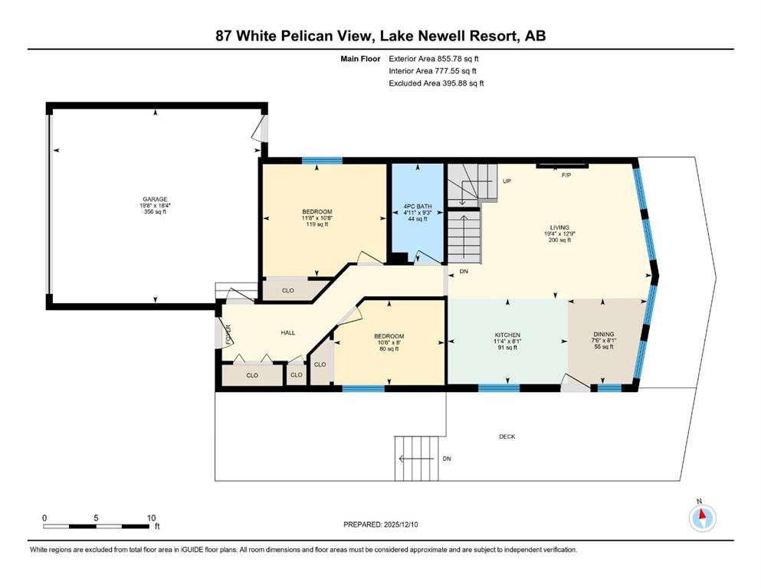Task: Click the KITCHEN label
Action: pos(507,335)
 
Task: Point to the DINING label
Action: pos(604,335)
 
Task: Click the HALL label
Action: pos(287,332)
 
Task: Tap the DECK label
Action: pos(507,436)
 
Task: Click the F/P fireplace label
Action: pos(566,175)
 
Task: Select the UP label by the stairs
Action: pos(507,181)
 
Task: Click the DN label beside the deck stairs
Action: pos(446,459)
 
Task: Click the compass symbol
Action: pos(702,518)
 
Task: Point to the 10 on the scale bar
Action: pos(151,517)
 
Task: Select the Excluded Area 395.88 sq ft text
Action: pos(436,83)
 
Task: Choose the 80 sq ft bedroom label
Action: pos(389,349)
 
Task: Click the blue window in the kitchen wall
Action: pos(499,388)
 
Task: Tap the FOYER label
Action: pos(228,334)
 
